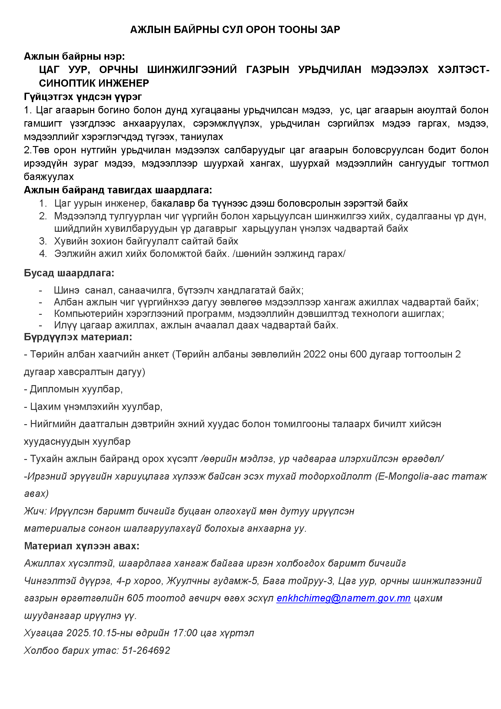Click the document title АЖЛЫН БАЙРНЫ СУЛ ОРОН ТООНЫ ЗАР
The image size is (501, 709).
tap(235, 29)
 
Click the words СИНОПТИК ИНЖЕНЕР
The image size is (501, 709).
tap(94, 83)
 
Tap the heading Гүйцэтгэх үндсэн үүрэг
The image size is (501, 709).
tap(83, 97)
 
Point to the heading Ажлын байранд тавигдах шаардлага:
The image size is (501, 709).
tap(118, 190)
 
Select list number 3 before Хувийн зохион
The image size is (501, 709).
tap(43, 241)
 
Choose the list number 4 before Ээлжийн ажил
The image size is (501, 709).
tap(43, 254)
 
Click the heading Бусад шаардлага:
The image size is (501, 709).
tap(69, 273)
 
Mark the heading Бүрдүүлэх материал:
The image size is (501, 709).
tap(78, 337)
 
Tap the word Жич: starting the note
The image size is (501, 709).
tap(35, 511)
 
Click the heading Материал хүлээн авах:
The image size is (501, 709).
tap(82, 546)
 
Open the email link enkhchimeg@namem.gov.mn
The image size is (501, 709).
tap(343, 598)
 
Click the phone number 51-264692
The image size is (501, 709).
tap(146, 651)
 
